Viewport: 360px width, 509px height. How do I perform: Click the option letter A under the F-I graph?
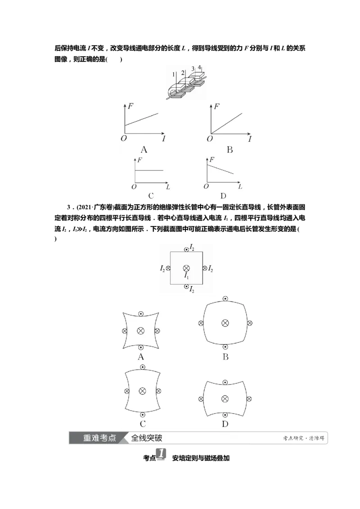144,150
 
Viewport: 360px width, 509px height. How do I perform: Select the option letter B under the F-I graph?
229,150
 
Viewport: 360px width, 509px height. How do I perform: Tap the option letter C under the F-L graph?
151,196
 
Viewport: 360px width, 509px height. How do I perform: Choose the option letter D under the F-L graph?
223,196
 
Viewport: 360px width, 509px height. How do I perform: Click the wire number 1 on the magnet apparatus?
174,74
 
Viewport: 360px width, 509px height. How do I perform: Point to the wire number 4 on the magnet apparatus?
199,67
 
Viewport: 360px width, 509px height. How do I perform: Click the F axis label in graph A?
130,106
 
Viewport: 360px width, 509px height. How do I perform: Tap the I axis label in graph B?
250,139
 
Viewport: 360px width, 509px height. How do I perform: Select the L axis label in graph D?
240,187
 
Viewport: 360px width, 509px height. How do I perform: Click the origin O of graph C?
134,187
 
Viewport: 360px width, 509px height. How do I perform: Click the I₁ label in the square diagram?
186,276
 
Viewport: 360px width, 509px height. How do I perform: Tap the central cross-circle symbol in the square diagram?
186,268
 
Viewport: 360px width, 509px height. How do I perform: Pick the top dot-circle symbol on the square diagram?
186,250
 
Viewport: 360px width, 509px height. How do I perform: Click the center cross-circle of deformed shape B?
225,323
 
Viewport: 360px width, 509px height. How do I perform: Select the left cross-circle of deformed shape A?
125,331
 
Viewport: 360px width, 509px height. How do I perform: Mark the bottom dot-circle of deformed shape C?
143,415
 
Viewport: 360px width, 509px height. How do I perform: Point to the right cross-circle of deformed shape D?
249,399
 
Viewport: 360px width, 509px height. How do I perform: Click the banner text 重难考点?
99,438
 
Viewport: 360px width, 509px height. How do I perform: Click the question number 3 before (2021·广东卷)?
68,207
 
